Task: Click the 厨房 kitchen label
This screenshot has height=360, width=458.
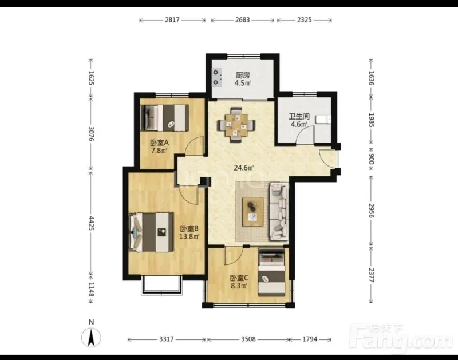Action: coord(243,76)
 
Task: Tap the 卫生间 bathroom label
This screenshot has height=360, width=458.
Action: coord(299,117)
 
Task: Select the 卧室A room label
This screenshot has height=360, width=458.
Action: coord(160,143)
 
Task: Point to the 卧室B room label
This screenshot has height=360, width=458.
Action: coord(189,228)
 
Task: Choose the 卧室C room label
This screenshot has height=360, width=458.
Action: coord(239,278)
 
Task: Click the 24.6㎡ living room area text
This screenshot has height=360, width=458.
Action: coord(244,168)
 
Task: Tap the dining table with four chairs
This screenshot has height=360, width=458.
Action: coord(236,125)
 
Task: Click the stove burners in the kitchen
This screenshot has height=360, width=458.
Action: coord(216,77)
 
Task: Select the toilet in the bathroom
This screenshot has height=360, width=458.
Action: coord(324,120)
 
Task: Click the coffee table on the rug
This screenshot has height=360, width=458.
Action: coord(253,212)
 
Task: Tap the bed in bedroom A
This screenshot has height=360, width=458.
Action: coord(164,118)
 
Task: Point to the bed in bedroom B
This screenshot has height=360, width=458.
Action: coord(151,232)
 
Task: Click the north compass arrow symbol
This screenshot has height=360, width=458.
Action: coord(91,338)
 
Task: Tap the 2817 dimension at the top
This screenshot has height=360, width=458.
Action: coord(172,20)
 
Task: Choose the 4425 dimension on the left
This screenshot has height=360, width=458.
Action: coord(92,223)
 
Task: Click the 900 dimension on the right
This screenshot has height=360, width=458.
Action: coord(371,160)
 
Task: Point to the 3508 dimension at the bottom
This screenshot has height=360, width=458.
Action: coord(248,339)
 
